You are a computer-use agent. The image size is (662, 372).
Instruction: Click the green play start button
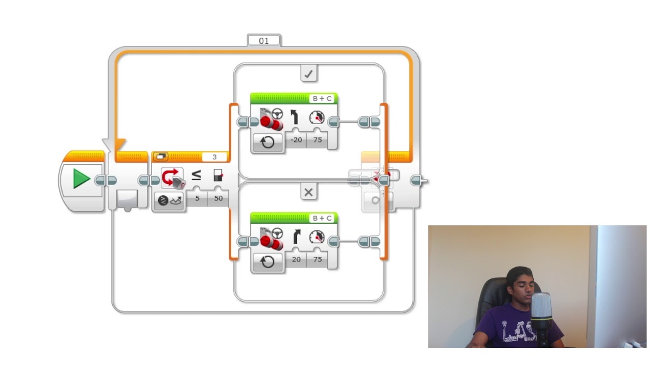(81, 179)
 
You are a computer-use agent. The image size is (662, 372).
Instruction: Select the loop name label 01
(264, 40)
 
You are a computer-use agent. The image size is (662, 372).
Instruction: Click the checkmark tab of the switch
(309, 74)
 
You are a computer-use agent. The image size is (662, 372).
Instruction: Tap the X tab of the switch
(309, 193)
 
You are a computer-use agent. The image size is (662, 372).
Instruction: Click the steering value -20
(296, 139)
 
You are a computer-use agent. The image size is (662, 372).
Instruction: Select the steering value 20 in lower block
(296, 259)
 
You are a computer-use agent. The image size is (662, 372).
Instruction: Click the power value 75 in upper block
(317, 139)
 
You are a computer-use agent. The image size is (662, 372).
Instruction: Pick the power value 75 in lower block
(317, 259)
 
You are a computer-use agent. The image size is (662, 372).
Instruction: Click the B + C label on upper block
(322, 99)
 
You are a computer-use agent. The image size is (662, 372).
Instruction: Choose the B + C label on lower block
(322, 219)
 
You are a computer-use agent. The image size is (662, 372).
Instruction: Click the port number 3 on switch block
(214, 157)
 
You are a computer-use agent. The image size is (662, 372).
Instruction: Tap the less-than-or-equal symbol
(197, 176)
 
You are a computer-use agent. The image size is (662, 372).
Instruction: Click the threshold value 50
(218, 198)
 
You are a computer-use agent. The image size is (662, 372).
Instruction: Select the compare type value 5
(197, 198)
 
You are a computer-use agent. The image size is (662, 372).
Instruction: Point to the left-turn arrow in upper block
(295, 118)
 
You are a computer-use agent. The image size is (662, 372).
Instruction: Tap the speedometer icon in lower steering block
(317, 237)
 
